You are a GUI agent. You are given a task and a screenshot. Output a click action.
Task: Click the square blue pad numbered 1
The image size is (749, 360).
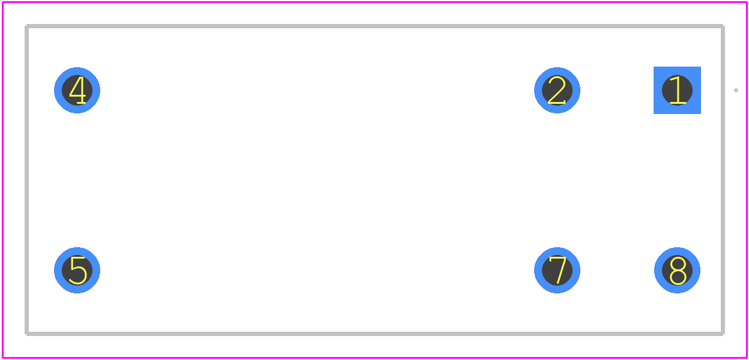pyautogui.click(x=677, y=90)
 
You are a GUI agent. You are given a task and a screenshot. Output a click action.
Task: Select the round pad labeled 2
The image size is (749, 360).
pyautogui.click(x=557, y=90)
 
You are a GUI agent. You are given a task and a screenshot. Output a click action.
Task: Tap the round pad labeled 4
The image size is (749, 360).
pyautogui.click(x=77, y=90)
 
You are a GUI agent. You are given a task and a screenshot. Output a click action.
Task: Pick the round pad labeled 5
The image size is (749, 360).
pyautogui.click(x=77, y=270)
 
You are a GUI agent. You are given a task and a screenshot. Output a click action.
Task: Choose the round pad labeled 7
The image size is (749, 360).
pyautogui.click(x=557, y=270)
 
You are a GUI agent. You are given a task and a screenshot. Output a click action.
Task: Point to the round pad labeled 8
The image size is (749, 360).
pyautogui.click(x=677, y=270)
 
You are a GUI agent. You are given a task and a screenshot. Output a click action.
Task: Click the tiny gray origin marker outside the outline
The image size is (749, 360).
pyautogui.click(x=736, y=90)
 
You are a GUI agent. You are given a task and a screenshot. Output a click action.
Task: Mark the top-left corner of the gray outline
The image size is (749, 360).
pyautogui.click(x=27, y=26)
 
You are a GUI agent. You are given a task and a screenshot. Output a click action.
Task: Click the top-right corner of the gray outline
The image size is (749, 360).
pyautogui.click(x=723, y=26)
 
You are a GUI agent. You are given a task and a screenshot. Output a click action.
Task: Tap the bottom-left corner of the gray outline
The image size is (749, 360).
pyautogui.click(x=27, y=334)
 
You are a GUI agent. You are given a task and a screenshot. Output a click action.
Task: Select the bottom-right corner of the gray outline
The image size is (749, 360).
pyautogui.click(x=723, y=334)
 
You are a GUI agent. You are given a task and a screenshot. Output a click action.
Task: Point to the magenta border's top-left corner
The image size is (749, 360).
pyautogui.click(x=2, y=2)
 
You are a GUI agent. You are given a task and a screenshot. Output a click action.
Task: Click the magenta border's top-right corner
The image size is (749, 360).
pyautogui.click(x=747, y=2)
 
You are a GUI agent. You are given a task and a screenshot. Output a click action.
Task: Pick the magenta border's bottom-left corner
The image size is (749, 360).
pyautogui.click(x=2, y=358)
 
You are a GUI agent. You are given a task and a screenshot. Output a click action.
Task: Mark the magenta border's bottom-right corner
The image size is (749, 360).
pyautogui.click(x=747, y=358)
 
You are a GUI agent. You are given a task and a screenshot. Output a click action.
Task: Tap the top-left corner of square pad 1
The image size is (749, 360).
pyautogui.click(x=654, y=67)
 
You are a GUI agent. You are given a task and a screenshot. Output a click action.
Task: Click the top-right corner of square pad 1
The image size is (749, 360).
pyautogui.click(x=700, y=67)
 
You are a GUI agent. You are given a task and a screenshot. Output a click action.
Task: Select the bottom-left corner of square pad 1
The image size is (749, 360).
pyautogui.click(x=654, y=113)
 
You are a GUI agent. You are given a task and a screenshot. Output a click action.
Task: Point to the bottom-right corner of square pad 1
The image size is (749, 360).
pyautogui.click(x=700, y=113)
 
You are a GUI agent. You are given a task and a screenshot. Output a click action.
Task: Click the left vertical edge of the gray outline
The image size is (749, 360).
pyautogui.click(x=27, y=180)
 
